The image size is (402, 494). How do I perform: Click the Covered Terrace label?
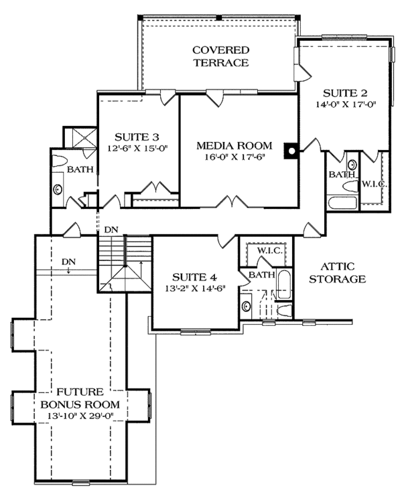pyautogui.click(x=220, y=56)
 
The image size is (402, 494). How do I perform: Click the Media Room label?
pyautogui.click(x=234, y=145)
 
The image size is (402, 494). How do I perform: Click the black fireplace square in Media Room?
pyautogui.click(x=290, y=151)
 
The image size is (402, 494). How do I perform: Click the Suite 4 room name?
pyautogui.click(x=194, y=276)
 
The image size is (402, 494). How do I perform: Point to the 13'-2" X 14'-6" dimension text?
pyautogui.click(x=194, y=289)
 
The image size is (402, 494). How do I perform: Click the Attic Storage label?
pyautogui.click(x=338, y=272)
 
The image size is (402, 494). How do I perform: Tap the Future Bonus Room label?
pyautogui.click(x=79, y=398)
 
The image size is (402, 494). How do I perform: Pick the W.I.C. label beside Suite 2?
pyautogui.click(x=373, y=183)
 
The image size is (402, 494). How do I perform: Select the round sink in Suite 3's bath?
pyautogui.click(x=58, y=189)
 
